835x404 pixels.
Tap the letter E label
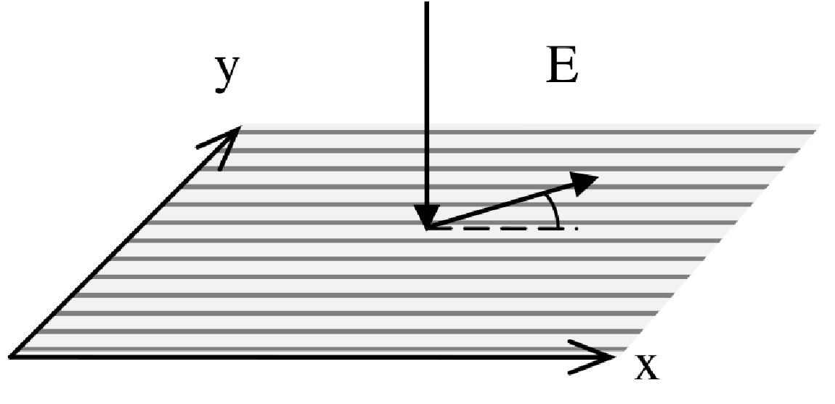point(562,69)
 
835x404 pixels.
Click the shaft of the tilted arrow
point(501,206)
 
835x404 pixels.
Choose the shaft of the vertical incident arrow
point(427,109)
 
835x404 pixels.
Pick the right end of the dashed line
point(576,228)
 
